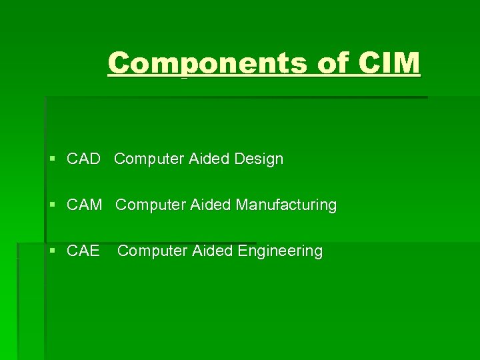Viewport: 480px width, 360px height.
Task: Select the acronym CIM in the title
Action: (390, 63)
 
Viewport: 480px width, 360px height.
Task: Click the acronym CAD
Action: (83, 159)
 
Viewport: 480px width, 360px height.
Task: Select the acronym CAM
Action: (85, 205)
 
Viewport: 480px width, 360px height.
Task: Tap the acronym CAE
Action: (83, 251)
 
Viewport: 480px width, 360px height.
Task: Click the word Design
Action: (259, 159)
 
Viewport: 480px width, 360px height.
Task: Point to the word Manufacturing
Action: (286, 205)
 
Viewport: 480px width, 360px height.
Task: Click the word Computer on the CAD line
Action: (149, 159)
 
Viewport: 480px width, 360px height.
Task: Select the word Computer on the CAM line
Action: (151, 205)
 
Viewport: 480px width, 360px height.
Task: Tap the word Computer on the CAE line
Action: (153, 251)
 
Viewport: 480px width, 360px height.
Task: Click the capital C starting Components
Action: (118, 63)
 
